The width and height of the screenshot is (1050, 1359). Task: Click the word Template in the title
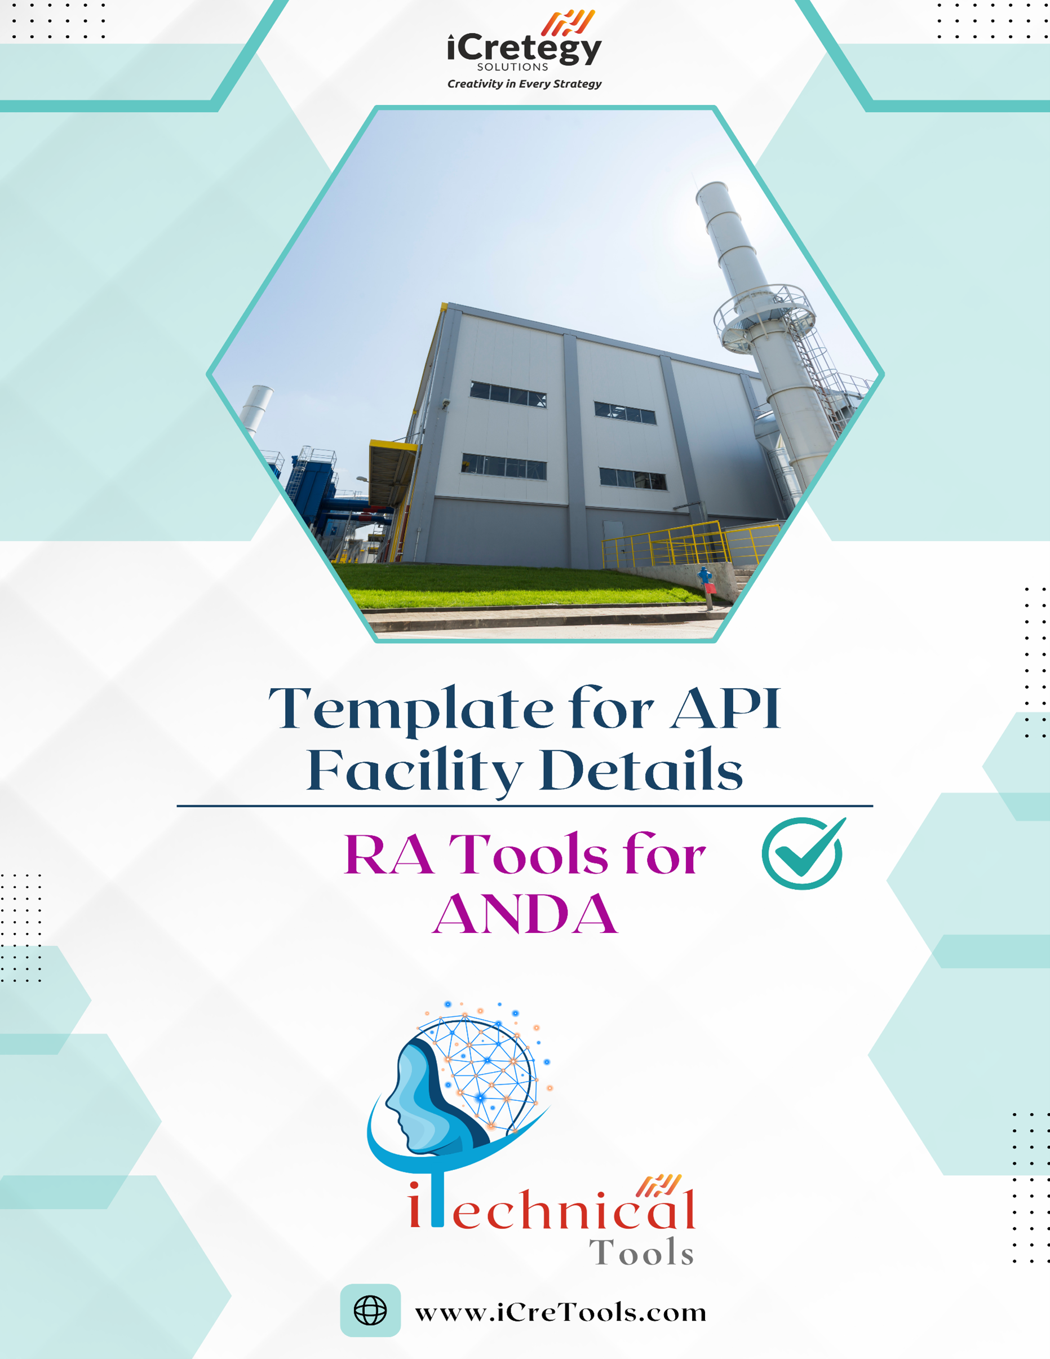pos(411,709)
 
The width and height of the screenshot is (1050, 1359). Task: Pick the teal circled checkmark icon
pos(804,852)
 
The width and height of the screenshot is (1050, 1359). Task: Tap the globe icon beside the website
pos(370,1311)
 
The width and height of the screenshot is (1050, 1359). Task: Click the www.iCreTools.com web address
pos(560,1312)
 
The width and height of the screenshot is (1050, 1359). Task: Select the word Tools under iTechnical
pos(641,1252)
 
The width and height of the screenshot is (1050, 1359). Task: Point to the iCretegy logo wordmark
pos(524,48)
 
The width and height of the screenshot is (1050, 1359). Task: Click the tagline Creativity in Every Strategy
pos(524,84)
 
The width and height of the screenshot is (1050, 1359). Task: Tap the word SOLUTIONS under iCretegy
pos(512,67)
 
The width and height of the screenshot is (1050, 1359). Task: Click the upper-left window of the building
pos(508,394)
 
